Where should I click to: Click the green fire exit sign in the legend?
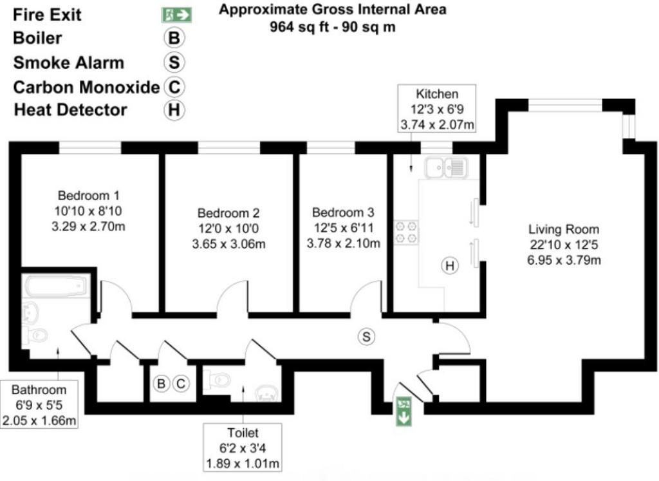(x=177, y=14)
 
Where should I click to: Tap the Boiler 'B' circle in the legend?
(x=173, y=38)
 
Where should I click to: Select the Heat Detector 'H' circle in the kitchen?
(x=450, y=265)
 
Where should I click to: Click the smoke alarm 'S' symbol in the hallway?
(x=367, y=336)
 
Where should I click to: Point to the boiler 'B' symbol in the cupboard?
(x=162, y=384)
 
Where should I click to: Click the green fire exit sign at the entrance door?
(x=404, y=411)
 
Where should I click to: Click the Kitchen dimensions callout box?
(x=437, y=108)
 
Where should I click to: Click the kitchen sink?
(x=445, y=167)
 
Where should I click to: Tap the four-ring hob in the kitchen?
(x=406, y=232)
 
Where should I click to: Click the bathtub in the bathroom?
(x=56, y=285)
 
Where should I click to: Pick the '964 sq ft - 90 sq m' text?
(x=333, y=27)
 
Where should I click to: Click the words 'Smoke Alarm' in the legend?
(x=68, y=62)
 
